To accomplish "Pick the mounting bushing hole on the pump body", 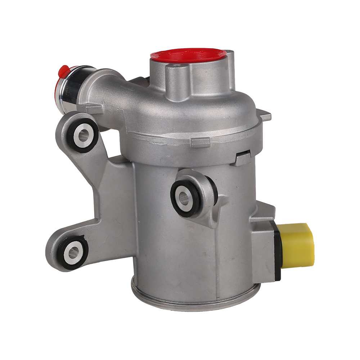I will click(x=185, y=197).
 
